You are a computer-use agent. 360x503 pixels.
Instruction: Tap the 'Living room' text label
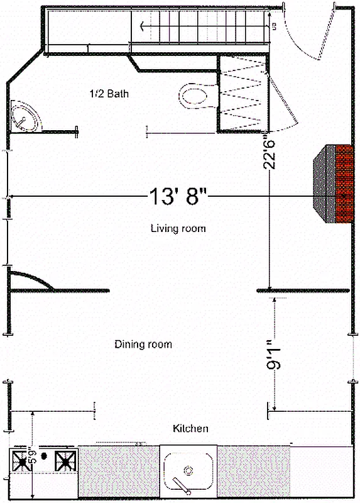pos(178,228)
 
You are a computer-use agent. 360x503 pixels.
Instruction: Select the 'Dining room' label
pos(143,345)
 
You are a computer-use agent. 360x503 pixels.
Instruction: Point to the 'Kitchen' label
pos(190,429)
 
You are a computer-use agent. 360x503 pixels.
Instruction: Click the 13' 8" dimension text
pos(178,197)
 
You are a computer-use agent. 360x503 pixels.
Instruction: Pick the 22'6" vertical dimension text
pos(270,152)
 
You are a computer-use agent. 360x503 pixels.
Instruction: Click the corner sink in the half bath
pos(24,117)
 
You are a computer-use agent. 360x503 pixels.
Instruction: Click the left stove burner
pos(25,462)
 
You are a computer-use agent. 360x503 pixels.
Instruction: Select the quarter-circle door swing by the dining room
pos(31,280)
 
